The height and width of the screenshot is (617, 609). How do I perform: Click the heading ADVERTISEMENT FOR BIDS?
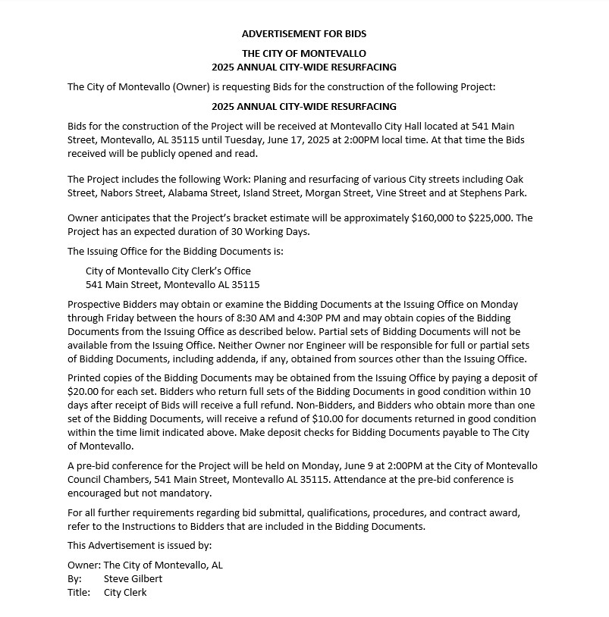(303, 33)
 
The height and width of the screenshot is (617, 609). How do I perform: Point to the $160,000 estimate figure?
(435, 218)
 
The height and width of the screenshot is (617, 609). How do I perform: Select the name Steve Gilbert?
(133, 578)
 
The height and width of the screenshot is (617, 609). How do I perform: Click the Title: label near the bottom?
(79, 592)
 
